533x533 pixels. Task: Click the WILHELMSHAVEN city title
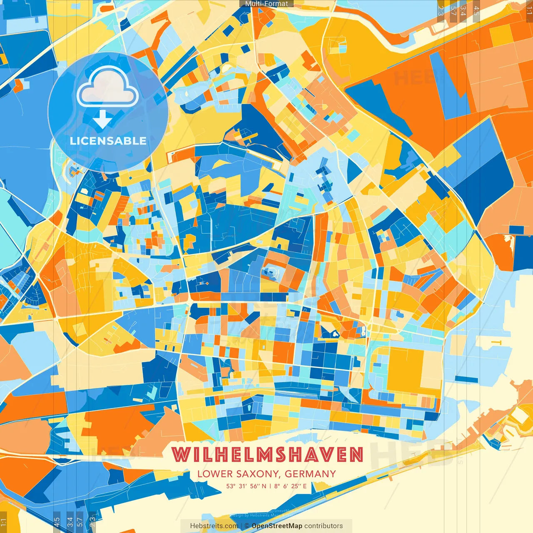point(268,455)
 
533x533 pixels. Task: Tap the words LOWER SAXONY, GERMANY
point(266,474)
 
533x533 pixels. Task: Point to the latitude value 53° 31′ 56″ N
point(246,486)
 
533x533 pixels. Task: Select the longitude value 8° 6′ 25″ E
point(290,486)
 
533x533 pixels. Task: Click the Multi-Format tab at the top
point(266,4)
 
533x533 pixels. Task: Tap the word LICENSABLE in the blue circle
point(108,141)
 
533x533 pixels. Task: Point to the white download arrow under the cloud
point(102,119)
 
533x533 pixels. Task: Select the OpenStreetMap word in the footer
point(276,526)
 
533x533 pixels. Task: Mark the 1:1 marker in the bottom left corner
point(4,522)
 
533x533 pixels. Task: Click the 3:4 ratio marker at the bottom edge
point(70,522)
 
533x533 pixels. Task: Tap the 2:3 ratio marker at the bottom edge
point(92,522)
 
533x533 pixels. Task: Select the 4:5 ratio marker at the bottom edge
point(57,522)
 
